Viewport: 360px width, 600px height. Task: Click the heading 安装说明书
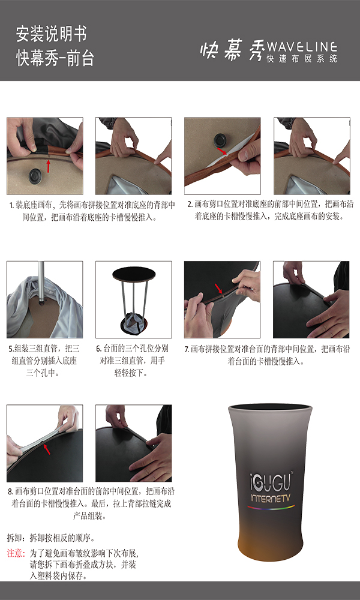coord(51,34)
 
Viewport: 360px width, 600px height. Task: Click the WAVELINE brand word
coord(301,47)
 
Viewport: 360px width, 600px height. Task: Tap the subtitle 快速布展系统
coord(301,59)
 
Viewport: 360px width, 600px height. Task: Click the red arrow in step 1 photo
coord(48,166)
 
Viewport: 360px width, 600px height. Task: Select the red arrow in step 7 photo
coord(218,289)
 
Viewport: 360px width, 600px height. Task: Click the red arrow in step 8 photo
coord(46,449)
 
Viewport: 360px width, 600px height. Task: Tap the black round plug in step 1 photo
coord(35,175)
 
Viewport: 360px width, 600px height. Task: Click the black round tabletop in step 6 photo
coord(134,273)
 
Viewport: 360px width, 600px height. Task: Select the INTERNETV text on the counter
coord(272,498)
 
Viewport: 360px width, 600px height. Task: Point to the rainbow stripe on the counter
coord(271,508)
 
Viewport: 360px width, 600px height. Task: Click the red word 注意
coord(16,553)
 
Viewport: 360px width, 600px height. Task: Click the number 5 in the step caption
coord(11,349)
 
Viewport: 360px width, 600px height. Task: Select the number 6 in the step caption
coord(98,349)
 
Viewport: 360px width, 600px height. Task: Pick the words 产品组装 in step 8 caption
coord(89,515)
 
